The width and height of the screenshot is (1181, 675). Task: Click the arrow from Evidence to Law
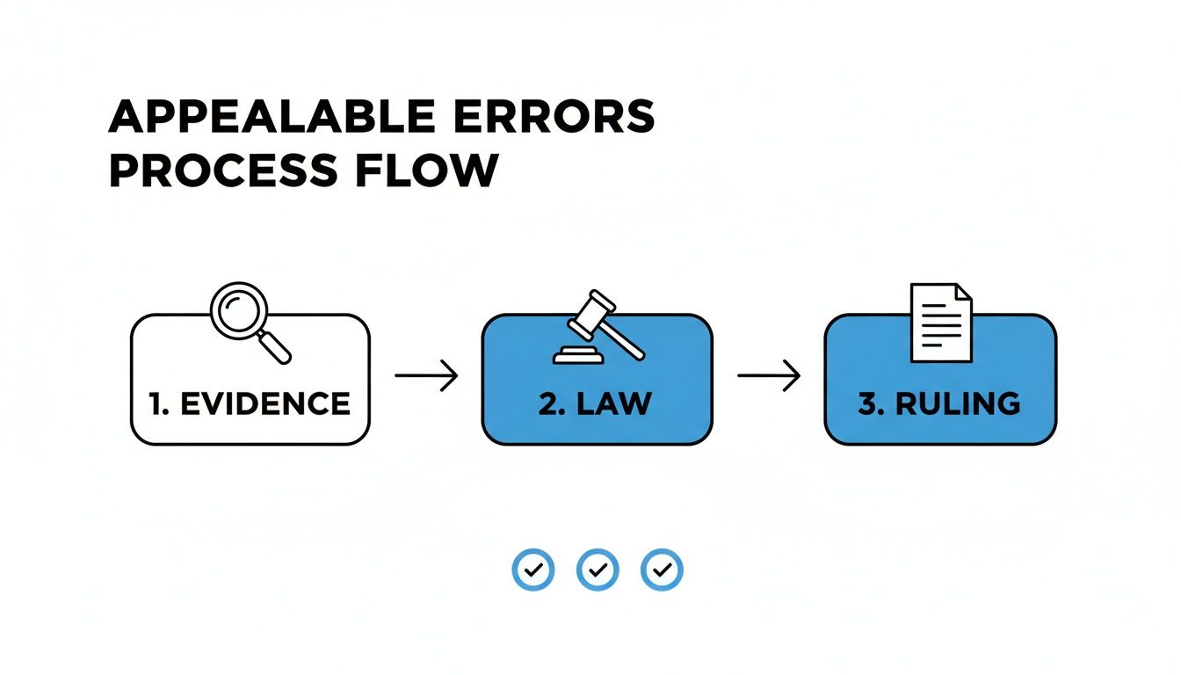[x=426, y=376]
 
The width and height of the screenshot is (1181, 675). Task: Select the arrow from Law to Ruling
[x=769, y=376]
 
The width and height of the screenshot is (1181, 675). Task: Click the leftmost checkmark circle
[x=533, y=570]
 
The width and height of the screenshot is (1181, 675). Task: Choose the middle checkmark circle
[x=598, y=570]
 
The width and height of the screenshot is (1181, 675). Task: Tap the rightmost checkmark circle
[x=662, y=570]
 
